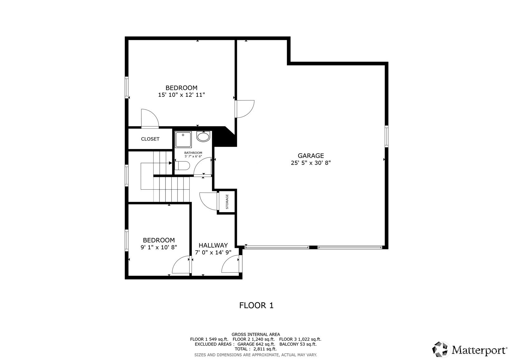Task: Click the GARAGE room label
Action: tap(311, 156)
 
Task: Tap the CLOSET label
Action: tap(150, 139)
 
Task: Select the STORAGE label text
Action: tap(227, 202)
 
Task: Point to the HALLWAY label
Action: tap(213, 245)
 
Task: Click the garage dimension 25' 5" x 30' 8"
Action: tap(311, 163)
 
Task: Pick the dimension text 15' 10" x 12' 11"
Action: tap(181, 95)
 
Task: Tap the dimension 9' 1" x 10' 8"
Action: tap(159, 247)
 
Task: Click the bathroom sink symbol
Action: tap(203, 137)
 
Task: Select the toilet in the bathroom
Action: tap(182, 165)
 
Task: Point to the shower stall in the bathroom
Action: tap(183, 140)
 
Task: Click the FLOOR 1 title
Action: tap(256, 305)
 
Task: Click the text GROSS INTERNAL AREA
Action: tap(256, 334)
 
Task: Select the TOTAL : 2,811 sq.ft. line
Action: tap(256, 349)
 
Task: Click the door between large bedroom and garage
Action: tap(245, 109)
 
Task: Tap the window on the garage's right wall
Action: tap(386, 136)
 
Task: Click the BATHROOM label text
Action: tap(193, 153)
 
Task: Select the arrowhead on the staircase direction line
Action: tap(171, 163)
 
